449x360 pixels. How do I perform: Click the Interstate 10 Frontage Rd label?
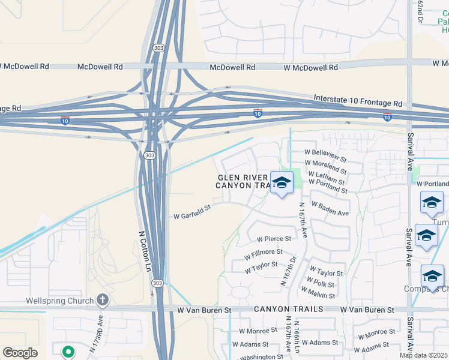pos(358,100)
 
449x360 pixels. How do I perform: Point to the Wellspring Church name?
pos(59,301)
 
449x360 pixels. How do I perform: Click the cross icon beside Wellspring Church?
pos(103,300)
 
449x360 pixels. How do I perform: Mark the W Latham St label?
pos(327,178)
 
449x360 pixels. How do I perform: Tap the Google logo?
pos(20,353)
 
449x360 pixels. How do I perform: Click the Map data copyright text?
pos(424,355)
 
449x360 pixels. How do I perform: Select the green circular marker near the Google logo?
pos(68,352)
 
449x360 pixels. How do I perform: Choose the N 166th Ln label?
pos(297,334)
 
